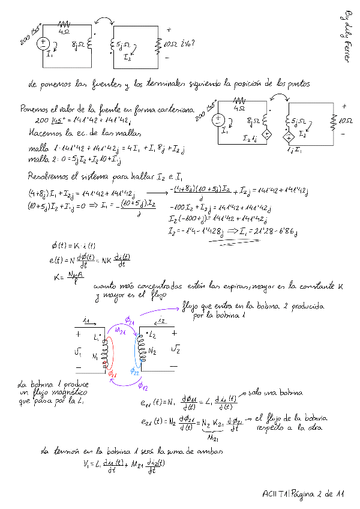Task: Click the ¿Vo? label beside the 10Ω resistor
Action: pos(188,43)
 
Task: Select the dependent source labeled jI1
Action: pos(289,137)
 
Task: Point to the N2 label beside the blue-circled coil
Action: pos(153,351)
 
